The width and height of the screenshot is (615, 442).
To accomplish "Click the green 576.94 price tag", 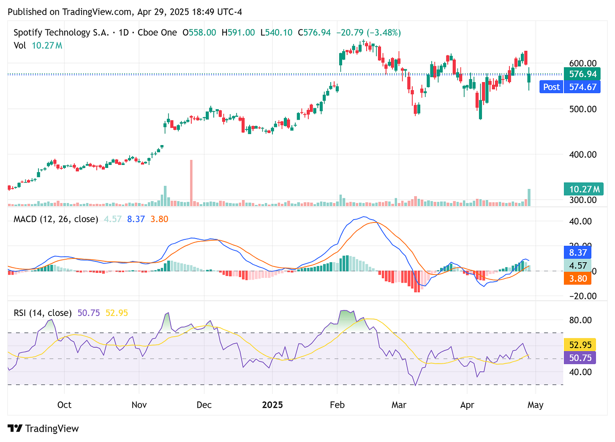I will point(582,74).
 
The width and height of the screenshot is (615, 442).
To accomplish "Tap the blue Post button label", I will point(551,87).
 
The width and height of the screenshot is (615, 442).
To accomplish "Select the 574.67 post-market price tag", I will point(582,87).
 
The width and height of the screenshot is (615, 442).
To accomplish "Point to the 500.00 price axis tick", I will point(583,109).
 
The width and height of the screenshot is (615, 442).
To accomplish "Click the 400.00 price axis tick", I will point(583,154).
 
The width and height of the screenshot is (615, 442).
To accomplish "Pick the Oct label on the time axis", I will point(64,405).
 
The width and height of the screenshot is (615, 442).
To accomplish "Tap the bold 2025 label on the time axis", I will point(272,405).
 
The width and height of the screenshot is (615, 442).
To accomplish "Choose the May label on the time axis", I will point(535,405).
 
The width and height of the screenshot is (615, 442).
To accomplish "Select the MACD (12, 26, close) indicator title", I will point(56,219).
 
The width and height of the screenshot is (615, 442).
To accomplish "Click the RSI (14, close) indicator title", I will point(43,313).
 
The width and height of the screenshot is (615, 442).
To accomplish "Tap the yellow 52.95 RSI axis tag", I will point(580,345).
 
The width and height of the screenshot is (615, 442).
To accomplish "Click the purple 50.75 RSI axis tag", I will point(580,358).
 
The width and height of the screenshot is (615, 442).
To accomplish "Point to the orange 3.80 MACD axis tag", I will point(578,278).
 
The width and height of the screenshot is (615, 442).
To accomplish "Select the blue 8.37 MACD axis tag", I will point(578,253).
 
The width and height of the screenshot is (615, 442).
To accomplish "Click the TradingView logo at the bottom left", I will point(43,428).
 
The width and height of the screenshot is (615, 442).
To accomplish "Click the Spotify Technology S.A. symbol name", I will point(52,33).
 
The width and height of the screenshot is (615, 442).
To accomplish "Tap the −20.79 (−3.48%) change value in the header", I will point(368,33).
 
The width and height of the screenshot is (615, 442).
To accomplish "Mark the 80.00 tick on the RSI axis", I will point(580,320).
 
